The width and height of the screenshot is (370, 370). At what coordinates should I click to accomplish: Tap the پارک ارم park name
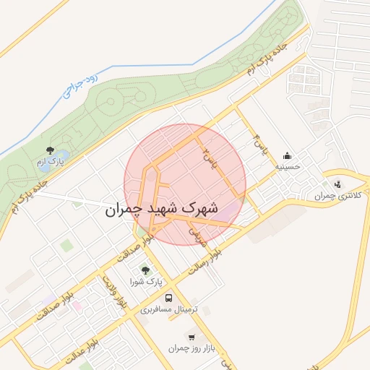(x=51, y=163)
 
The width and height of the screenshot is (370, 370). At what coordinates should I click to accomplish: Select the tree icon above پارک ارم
(x=50, y=150)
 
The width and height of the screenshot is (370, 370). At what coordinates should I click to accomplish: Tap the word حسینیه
(x=287, y=166)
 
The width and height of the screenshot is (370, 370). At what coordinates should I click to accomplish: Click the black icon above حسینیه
(x=288, y=155)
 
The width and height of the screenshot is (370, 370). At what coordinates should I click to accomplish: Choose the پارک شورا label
(x=146, y=282)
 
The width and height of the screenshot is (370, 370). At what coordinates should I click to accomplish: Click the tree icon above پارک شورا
(x=146, y=270)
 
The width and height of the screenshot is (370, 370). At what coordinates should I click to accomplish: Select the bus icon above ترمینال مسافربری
(x=169, y=298)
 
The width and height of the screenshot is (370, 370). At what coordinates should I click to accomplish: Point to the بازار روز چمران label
(x=192, y=348)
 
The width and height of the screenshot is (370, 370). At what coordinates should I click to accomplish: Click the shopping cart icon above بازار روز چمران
(x=192, y=337)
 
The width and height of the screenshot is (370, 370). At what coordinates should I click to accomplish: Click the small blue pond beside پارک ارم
(x=62, y=155)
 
